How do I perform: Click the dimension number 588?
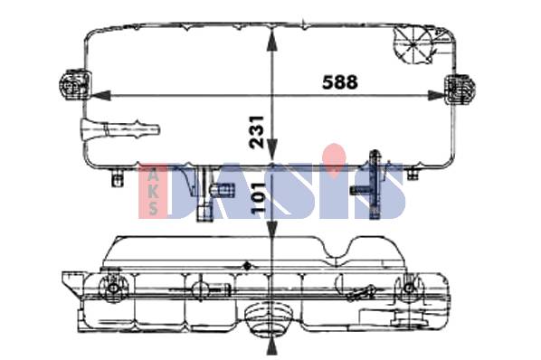click(340, 82)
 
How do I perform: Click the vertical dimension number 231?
click(257, 132)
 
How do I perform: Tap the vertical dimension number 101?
click(259, 198)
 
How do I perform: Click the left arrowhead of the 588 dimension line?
click(101, 96)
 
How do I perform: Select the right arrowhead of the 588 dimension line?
click(436, 96)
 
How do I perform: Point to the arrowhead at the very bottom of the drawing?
click(272, 346)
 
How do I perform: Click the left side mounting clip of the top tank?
click(76, 85)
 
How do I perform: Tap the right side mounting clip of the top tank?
click(460, 90)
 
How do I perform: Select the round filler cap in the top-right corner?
click(413, 44)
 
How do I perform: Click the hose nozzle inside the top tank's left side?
click(119, 130)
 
